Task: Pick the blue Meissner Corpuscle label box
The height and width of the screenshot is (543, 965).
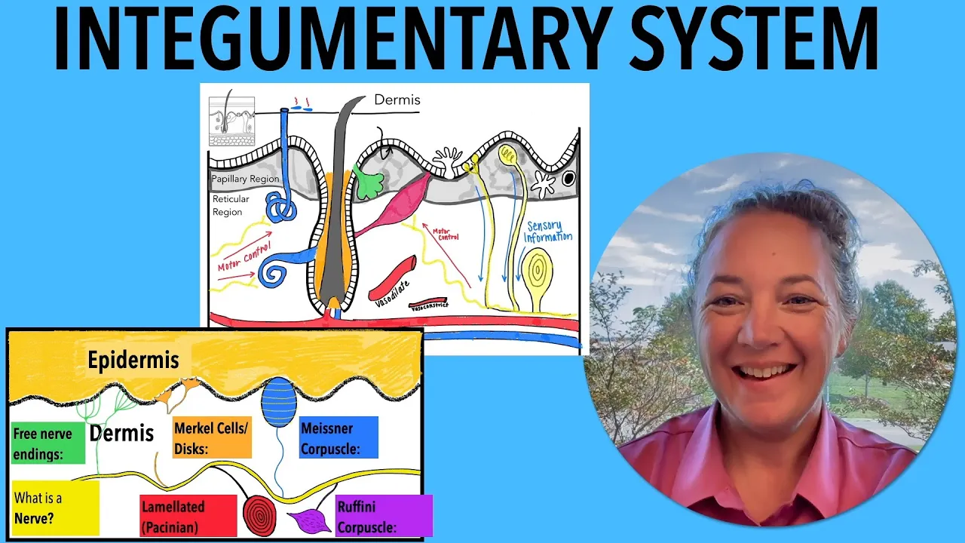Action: pyautogui.click(x=338, y=437)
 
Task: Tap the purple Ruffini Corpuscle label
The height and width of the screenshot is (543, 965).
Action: pyautogui.click(x=384, y=516)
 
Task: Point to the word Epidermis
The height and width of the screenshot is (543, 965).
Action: pyautogui.click(x=133, y=360)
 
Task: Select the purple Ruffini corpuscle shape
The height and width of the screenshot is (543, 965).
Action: pyautogui.click(x=308, y=520)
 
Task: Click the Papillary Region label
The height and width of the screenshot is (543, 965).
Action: pyautogui.click(x=245, y=179)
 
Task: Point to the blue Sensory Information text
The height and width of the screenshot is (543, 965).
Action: pyautogui.click(x=548, y=232)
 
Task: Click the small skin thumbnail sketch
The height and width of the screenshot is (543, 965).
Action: pyautogui.click(x=231, y=121)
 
